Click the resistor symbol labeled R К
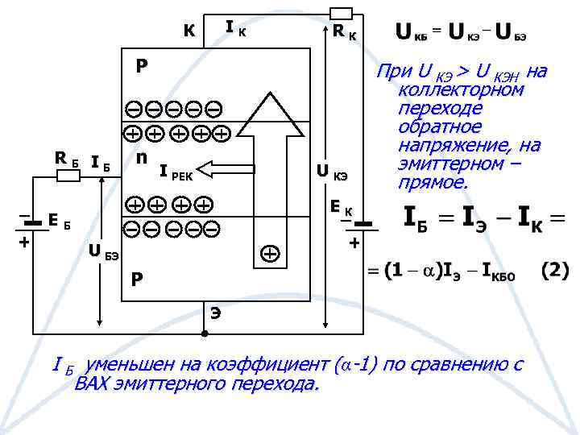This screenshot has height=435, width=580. [341, 12]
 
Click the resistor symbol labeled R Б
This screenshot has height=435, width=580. [67, 175]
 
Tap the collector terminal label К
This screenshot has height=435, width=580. [188, 31]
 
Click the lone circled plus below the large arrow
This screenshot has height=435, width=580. [270, 254]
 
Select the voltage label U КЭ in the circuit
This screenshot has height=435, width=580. [331, 172]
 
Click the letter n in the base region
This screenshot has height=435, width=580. [142, 156]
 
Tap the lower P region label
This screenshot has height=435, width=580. [138, 279]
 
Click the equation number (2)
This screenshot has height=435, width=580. [553, 270]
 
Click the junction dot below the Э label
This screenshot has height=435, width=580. [205, 333]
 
